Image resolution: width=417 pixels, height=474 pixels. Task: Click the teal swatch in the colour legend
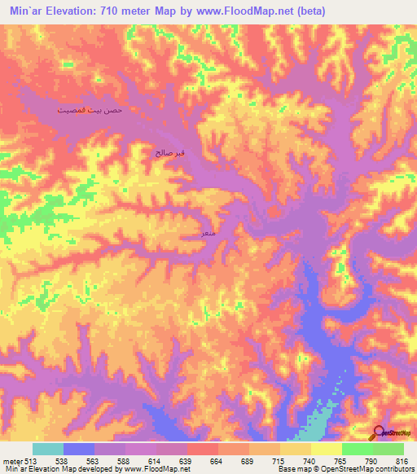tap(48, 449)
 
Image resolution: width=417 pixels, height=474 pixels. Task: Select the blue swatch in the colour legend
tap(79, 449)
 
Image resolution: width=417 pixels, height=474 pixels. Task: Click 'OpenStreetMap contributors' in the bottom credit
tap(366, 468)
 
